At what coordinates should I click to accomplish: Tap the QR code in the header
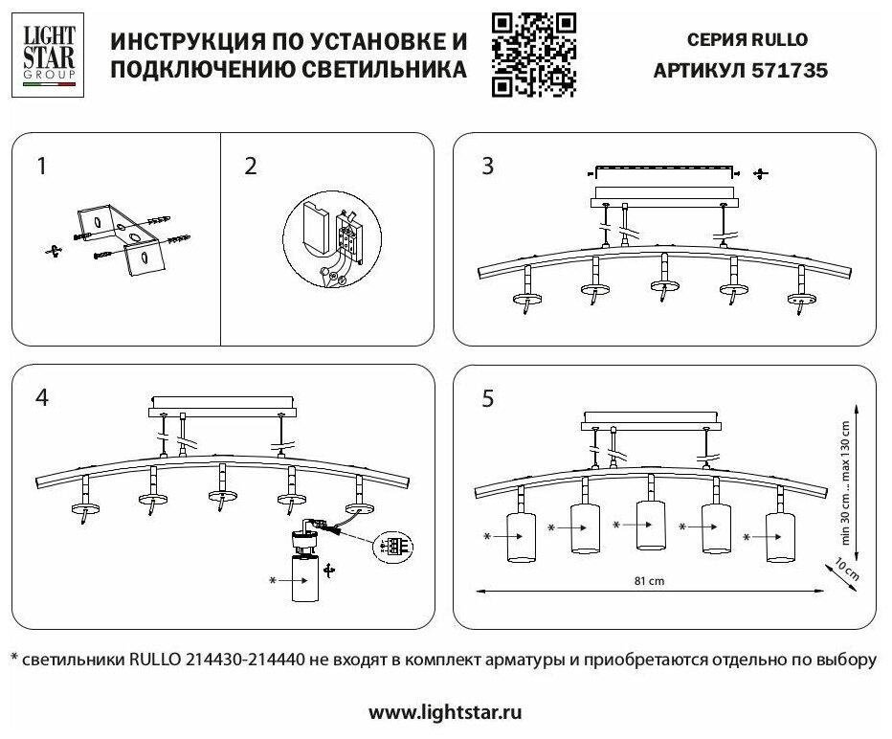533,55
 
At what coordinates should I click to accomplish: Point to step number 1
41,167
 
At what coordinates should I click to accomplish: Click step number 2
251,167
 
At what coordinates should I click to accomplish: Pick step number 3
488,167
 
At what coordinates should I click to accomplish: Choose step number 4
41,397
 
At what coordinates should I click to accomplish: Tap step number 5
488,399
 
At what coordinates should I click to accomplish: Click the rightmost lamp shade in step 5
781,535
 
